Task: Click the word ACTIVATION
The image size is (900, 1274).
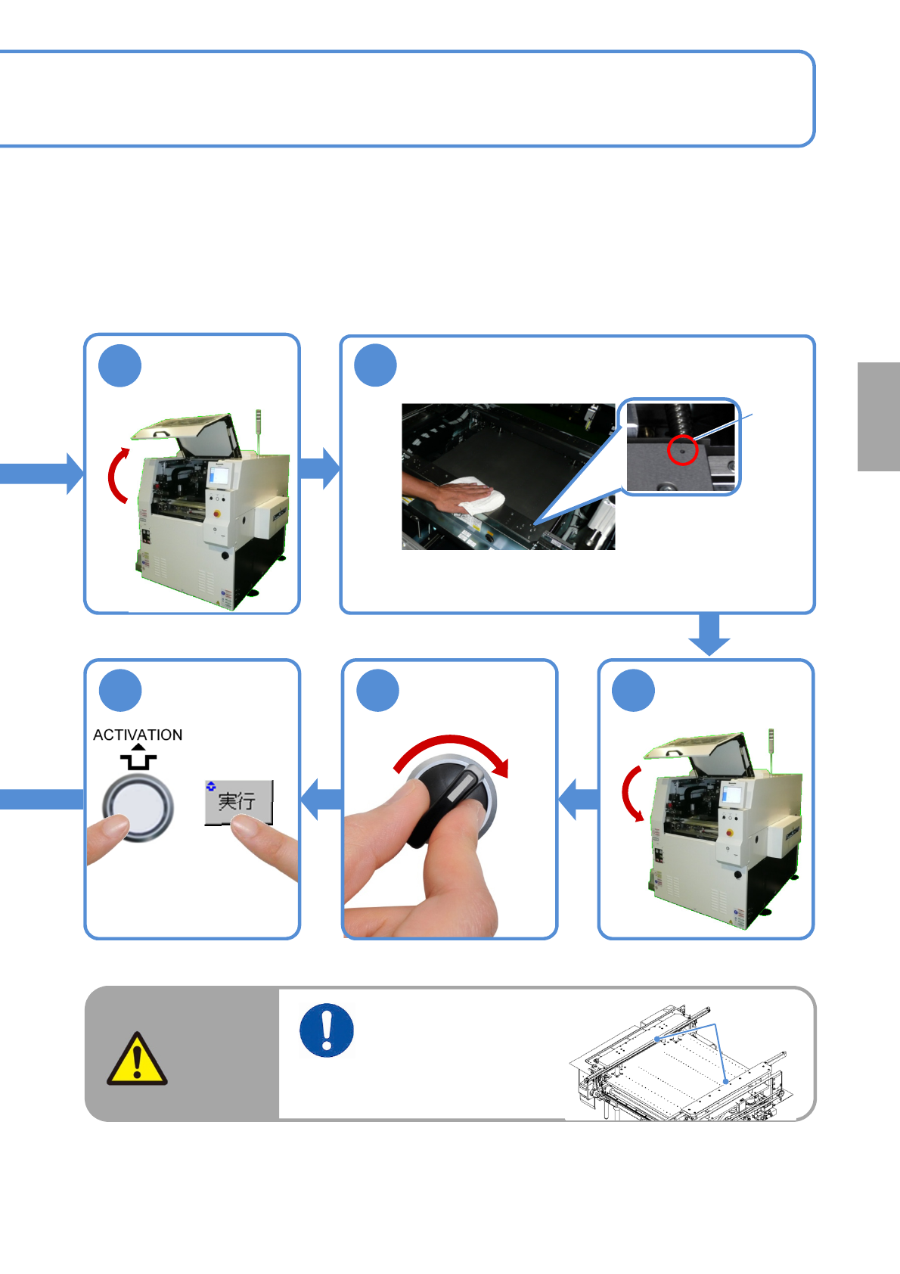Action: pos(138,735)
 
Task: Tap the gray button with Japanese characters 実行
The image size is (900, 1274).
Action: pos(239,802)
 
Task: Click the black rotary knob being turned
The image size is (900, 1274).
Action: pos(450,801)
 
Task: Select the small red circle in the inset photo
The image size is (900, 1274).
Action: pos(682,450)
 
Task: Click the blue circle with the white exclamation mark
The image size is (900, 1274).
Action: pos(326,1030)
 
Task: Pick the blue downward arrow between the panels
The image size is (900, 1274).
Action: pos(709,633)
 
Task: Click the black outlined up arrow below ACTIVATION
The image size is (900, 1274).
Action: pos(138,757)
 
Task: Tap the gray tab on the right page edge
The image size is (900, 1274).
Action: pos(878,416)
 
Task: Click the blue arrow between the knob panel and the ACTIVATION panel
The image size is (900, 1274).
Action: pos(321,799)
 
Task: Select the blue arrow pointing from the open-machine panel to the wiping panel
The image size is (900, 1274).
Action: pos(319,468)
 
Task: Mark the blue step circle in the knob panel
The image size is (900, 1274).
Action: pos(377,690)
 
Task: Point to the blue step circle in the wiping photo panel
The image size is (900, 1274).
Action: pos(375,365)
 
